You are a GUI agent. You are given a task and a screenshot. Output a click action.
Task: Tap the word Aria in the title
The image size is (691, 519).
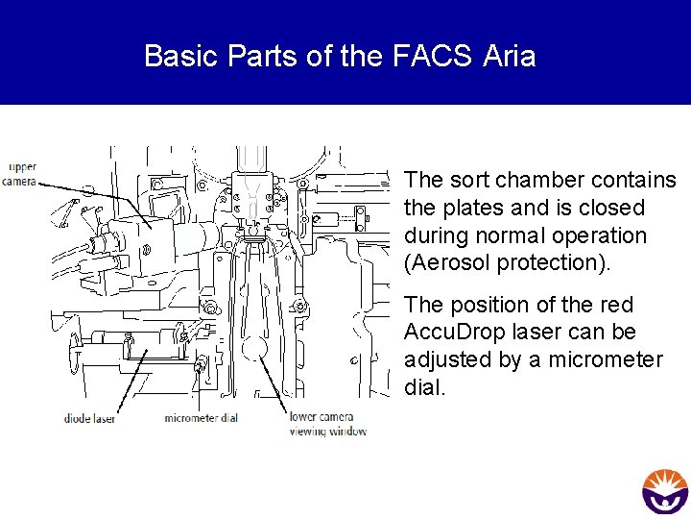pos(509,57)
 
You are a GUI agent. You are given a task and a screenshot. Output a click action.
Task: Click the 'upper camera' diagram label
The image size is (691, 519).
pos(21,174)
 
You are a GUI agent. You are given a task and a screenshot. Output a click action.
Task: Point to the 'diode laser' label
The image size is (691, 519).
pos(91,418)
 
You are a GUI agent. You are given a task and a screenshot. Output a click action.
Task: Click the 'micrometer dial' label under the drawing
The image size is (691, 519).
pos(202,418)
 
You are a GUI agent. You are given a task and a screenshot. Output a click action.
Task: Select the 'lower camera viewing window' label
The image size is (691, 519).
pos(328,424)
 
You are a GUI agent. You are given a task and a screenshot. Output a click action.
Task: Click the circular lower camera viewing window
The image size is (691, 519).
pos(257,348)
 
